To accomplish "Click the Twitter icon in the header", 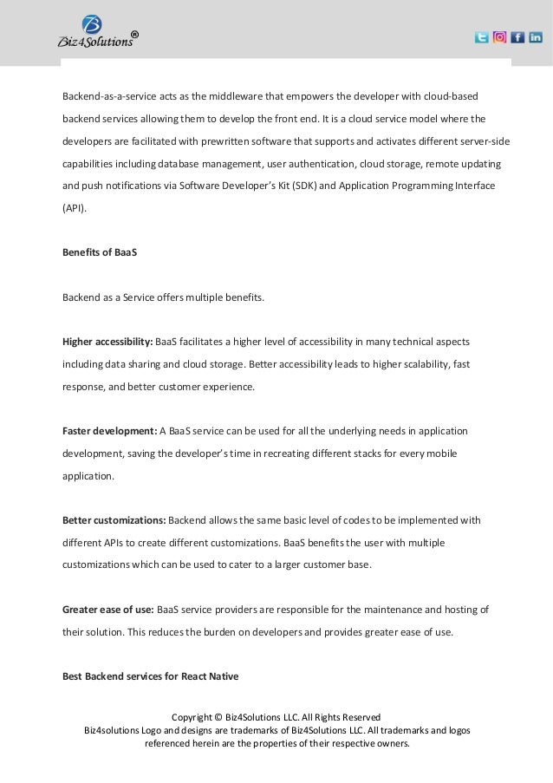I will pos(482,37).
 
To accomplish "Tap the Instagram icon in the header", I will pos(499,37).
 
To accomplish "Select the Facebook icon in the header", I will pos(517,37).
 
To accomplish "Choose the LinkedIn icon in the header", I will pos(535,37).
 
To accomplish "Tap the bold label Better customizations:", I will pos(114,520).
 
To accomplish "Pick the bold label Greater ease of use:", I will pos(108,610).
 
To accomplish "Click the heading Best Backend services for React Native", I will pos(150,675).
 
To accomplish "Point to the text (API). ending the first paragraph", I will pos(75,208).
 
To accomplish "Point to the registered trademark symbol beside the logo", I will pos(133,36).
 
